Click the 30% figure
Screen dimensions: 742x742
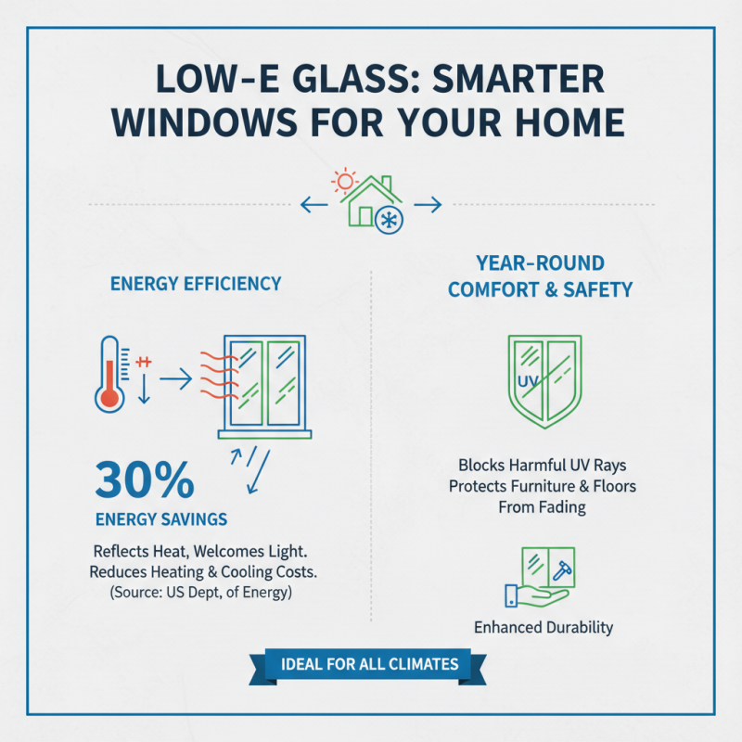(144, 481)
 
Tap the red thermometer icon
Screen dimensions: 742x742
(109, 374)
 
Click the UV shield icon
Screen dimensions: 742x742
(545, 379)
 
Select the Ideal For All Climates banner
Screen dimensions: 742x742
(371, 663)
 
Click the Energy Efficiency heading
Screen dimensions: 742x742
(195, 283)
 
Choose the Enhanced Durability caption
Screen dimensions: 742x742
(544, 627)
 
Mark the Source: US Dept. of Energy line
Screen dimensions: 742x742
(200, 592)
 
